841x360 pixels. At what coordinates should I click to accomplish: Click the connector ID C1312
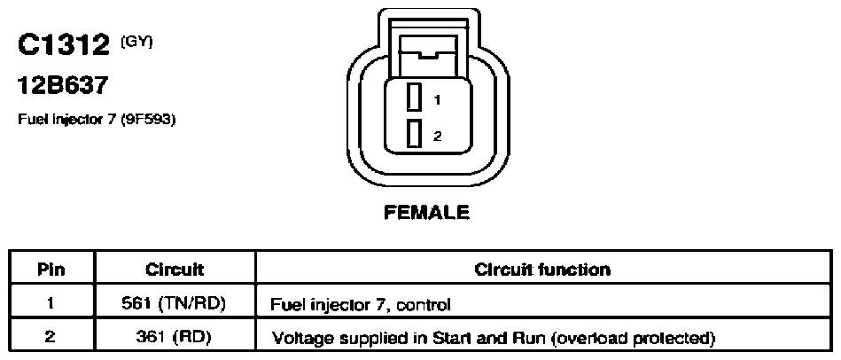(x=63, y=45)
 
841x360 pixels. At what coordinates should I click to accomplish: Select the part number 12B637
(x=63, y=85)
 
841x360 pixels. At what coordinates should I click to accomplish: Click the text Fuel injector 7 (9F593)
(x=97, y=119)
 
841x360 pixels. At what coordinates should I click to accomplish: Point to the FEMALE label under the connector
(x=427, y=213)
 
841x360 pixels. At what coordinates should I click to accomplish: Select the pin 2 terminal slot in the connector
(x=412, y=133)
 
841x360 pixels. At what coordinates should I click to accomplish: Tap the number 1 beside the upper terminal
(x=438, y=99)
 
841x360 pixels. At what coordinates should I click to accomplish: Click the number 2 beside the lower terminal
(x=438, y=137)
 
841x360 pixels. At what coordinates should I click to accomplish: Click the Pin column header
(x=51, y=269)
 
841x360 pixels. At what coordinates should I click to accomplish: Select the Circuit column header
(x=175, y=269)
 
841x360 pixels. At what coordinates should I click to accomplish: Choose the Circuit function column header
(x=542, y=269)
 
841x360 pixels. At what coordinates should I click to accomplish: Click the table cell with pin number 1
(x=51, y=303)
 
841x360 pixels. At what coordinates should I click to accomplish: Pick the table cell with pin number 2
(x=51, y=336)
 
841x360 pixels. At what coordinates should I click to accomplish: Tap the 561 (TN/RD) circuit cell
(x=175, y=303)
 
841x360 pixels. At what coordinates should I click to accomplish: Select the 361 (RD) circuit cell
(x=175, y=336)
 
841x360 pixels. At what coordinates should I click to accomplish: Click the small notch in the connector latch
(x=429, y=54)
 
